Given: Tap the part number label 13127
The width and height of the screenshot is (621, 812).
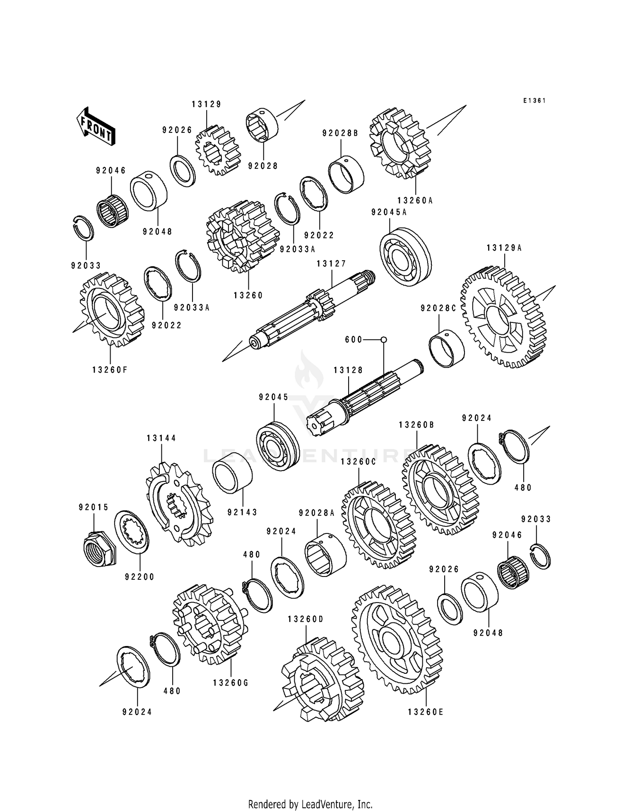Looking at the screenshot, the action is (331, 264).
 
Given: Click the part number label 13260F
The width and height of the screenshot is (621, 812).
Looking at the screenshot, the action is (110, 370).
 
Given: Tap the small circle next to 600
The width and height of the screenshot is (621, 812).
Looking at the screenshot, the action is (383, 340).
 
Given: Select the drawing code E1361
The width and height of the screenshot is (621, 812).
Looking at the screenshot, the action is (534, 101).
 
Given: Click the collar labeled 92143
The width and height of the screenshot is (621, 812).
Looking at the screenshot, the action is (232, 473).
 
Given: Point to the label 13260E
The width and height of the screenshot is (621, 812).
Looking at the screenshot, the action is (426, 712).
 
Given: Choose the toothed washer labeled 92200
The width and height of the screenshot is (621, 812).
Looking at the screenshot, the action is (132, 532).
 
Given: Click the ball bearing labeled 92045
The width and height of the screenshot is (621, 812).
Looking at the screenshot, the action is (278, 446).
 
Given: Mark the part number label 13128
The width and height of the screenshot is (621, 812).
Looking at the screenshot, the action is (348, 370).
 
